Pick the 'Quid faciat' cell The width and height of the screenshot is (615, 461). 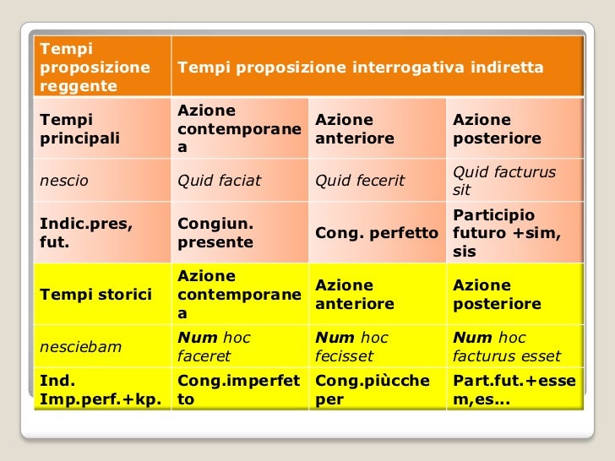(x=239, y=181)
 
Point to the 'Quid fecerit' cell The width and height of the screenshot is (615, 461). (x=377, y=181)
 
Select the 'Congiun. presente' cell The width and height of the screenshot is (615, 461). (x=239, y=233)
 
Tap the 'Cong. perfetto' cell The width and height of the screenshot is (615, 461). (x=377, y=233)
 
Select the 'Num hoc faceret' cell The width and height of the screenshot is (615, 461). (x=239, y=347)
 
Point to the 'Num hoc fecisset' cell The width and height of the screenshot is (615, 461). (x=377, y=347)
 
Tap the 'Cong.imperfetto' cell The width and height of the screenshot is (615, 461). (x=239, y=390)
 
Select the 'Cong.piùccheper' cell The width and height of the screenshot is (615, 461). (x=377, y=390)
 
